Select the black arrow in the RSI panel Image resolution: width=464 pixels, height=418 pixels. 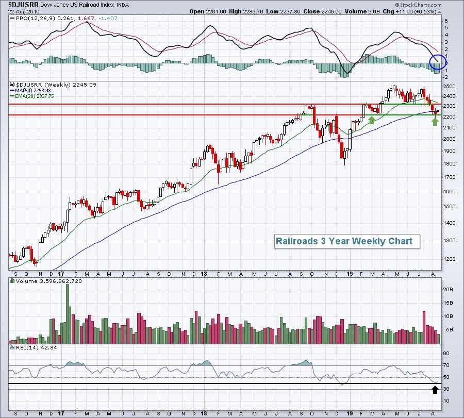click(435, 389)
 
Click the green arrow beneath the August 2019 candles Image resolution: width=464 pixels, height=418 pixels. click(435, 121)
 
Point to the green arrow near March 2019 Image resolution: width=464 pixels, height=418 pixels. click(371, 120)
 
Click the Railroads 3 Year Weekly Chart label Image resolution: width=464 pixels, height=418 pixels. click(344, 241)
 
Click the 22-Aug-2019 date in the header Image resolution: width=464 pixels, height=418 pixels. click(18, 11)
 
